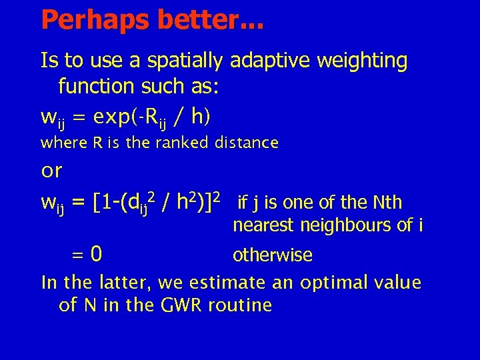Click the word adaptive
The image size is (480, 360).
(x=270, y=61)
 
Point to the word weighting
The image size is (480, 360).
(x=363, y=61)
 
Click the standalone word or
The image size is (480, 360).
(x=51, y=171)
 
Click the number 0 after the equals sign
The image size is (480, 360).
(x=97, y=254)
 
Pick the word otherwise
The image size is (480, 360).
(x=272, y=255)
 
